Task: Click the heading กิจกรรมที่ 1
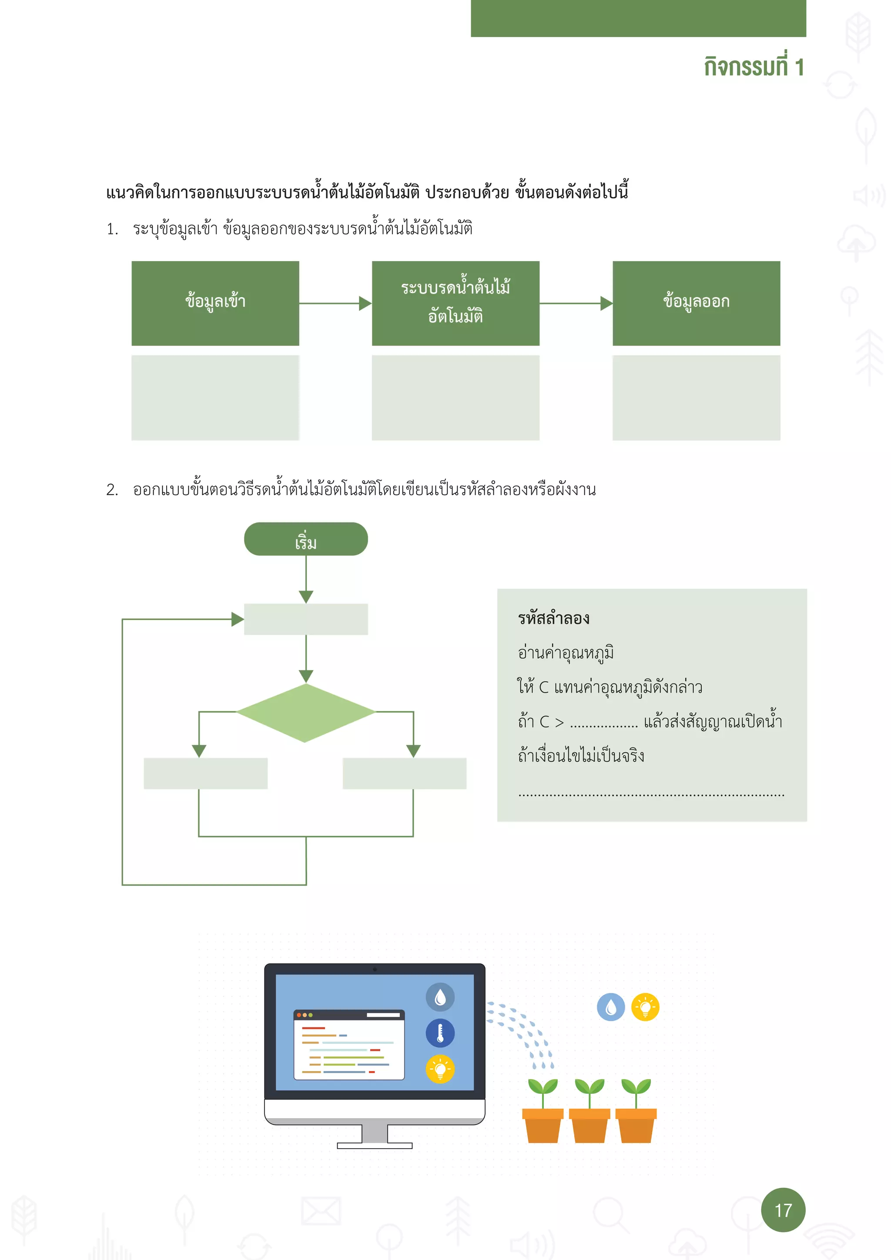(x=753, y=67)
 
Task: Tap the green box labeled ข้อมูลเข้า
(x=215, y=303)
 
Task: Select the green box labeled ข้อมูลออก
(x=696, y=303)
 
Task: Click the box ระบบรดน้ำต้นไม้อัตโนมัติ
(x=456, y=303)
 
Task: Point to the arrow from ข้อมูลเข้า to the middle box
(x=335, y=303)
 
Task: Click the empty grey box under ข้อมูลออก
(x=696, y=397)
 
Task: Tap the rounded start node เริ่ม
(x=305, y=540)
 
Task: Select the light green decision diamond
(x=305, y=712)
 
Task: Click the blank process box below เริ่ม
(x=305, y=619)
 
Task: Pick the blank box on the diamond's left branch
(x=205, y=773)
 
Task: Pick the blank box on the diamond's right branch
(x=404, y=773)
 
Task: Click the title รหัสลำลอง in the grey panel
(x=553, y=619)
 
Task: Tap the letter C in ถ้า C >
(x=544, y=722)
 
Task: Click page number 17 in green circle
(x=783, y=1210)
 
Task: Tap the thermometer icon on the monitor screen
(x=440, y=1033)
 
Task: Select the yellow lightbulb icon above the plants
(x=645, y=1007)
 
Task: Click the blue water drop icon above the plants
(x=611, y=1007)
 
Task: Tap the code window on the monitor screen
(x=349, y=1044)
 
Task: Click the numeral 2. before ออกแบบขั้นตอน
(x=112, y=489)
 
